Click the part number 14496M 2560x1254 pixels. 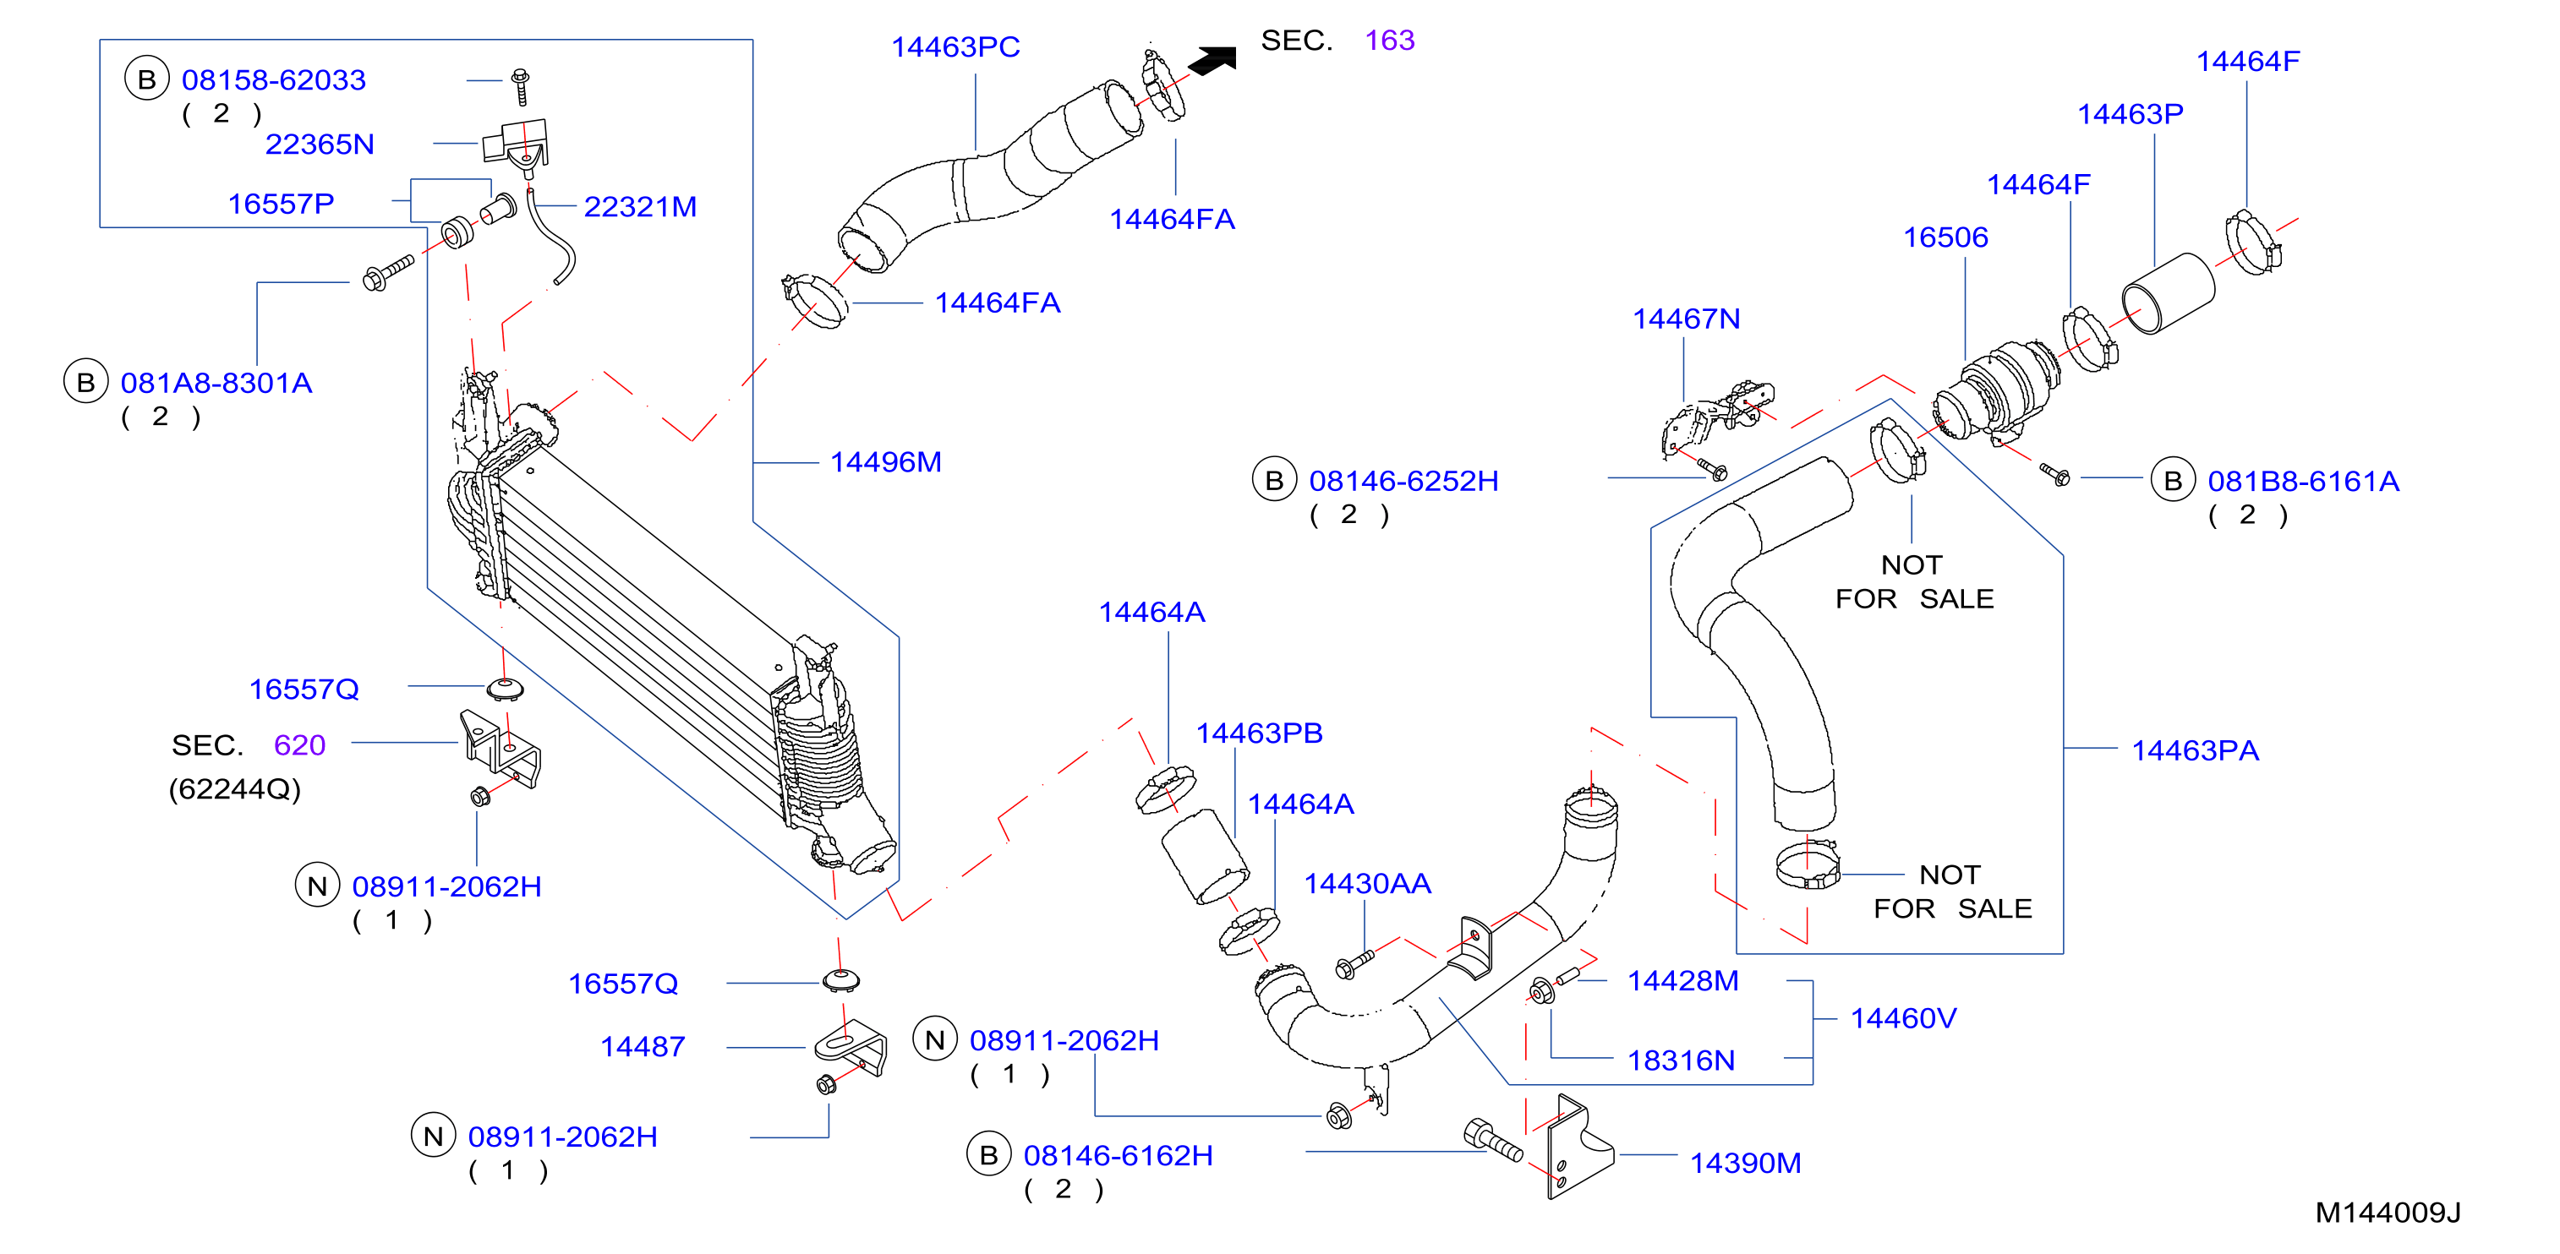(885, 462)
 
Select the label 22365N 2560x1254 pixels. (320, 145)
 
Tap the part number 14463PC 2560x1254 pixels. (955, 46)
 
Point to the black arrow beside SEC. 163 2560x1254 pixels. (1212, 60)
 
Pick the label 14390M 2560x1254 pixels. (1745, 1163)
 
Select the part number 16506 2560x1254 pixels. (1945, 237)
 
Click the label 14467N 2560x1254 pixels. (1687, 319)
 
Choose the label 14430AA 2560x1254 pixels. (1366, 883)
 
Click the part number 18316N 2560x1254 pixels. (1681, 1060)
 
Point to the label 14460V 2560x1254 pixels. (1903, 1018)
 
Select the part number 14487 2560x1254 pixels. (643, 1046)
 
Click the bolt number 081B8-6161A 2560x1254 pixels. (2303, 482)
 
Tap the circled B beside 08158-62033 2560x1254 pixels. (147, 79)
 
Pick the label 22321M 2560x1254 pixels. (640, 207)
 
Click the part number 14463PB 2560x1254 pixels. (1259, 733)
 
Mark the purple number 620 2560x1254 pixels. (299, 745)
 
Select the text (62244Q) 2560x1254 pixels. (234, 789)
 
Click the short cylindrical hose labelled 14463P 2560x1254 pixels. (2168, 294)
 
